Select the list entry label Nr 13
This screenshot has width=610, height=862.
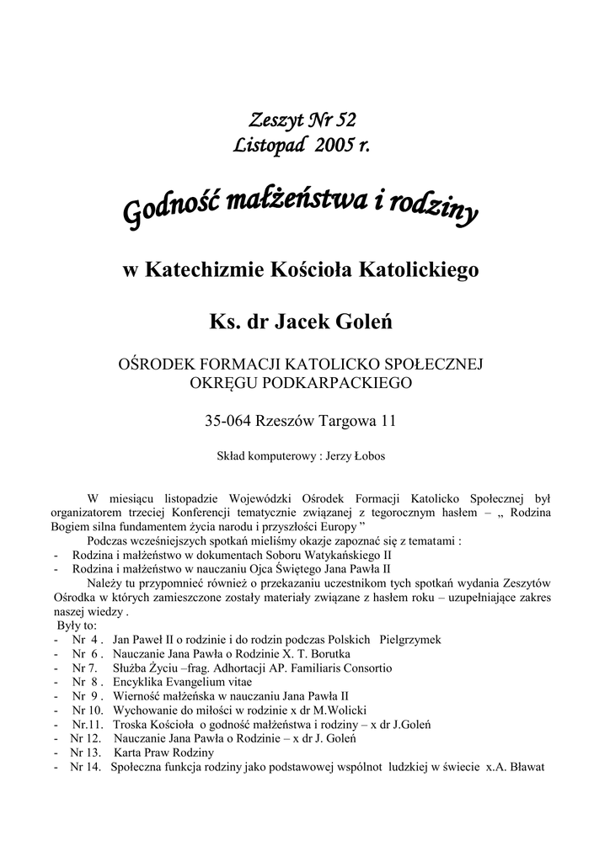[85, 753]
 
